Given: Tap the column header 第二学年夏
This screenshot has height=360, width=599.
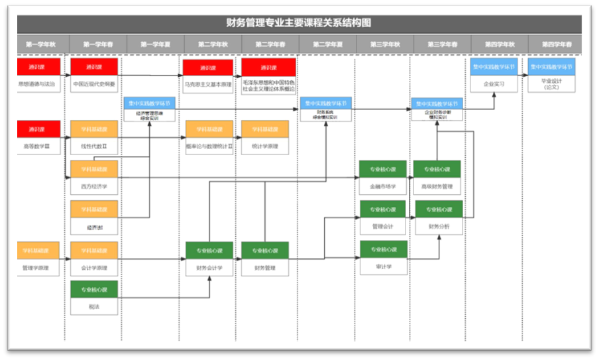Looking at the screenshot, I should tap(325, 44).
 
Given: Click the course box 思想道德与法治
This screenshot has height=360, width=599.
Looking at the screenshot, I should tap(38, 85).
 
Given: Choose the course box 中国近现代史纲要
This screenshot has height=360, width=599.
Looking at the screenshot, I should tap(93, 85).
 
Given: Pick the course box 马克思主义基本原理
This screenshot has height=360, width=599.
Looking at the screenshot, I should tap(208, 86).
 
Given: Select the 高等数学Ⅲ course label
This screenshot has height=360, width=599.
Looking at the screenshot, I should tap(38, 146).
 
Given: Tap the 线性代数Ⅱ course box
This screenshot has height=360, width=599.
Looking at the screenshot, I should tap(93, 146).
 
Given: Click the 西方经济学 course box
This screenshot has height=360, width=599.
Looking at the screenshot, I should tap(93, 187).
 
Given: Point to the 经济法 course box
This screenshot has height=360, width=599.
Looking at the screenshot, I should tap(93, 227).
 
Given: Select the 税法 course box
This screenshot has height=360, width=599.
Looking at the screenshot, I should tap(93, 306).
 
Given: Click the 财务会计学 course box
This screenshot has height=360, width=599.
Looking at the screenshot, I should tap(209, 268).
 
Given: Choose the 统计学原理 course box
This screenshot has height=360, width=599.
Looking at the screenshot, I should tap(265, 146).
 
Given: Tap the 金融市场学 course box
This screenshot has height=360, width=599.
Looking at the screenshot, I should tap(384, 187).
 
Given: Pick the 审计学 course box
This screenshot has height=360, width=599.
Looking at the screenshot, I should tap(384, 267).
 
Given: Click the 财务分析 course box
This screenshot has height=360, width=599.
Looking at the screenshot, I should tap(438, 227).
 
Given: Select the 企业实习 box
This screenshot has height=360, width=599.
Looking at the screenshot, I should tap(494, 84).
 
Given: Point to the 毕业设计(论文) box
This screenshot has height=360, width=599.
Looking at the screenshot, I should tap(551, 84).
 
